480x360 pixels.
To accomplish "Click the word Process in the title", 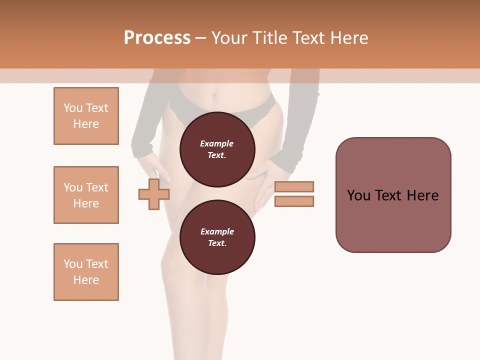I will pos(157,38).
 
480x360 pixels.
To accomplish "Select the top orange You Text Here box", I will pos(86,116).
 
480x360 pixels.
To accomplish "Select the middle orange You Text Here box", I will pos(86,195).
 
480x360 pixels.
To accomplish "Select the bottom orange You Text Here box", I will pos(86,272).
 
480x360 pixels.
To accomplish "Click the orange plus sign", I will pos(154,194).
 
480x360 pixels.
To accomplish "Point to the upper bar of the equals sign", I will pos(294,187).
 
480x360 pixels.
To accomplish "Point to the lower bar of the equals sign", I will pos(294,201).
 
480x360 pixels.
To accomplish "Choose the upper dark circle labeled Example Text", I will pos(217,149).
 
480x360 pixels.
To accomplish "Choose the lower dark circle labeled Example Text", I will pos(217,237).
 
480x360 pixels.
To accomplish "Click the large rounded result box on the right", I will pos(393,195).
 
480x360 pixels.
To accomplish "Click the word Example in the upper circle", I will pos(217,143).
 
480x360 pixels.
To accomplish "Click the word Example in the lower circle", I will pos(217,231).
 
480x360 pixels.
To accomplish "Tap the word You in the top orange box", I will pos(73,108).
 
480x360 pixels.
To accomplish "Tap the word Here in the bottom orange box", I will pos(86,280).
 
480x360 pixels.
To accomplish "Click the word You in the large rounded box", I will pos(358,195).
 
